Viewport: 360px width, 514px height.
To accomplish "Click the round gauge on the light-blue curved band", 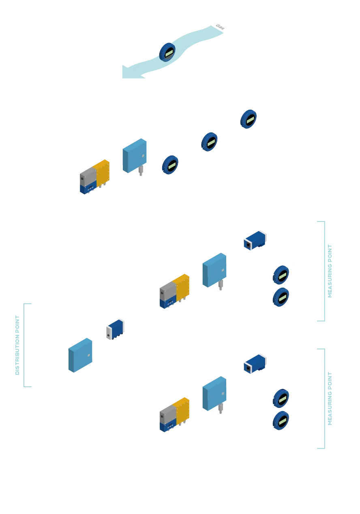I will tap(167, 52).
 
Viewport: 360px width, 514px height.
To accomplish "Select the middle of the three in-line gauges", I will tap(209, 142).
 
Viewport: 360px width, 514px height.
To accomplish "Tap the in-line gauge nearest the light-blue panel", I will tap(170, 164).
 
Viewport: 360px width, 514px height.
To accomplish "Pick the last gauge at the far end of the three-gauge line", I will tap(248, 119).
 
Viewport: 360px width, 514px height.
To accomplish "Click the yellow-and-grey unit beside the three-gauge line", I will tap(94, 177).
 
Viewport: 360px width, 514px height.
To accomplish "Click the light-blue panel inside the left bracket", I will tap(81, 355).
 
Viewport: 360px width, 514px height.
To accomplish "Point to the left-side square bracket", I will tap(26, 345).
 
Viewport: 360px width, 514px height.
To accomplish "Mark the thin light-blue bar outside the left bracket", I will tap(16, 345).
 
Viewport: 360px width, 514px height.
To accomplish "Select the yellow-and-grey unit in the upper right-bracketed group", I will tap(175, 291).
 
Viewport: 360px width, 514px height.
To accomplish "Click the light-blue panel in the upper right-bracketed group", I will tap(214, 271).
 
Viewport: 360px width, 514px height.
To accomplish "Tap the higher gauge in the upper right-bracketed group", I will tap(281, 275).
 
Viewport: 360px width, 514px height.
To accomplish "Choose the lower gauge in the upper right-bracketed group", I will tap(281, 297).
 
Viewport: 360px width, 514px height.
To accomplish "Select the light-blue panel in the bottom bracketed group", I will tap(214, 394).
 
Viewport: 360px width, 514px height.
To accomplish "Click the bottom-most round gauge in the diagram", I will tap(281, 420).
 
